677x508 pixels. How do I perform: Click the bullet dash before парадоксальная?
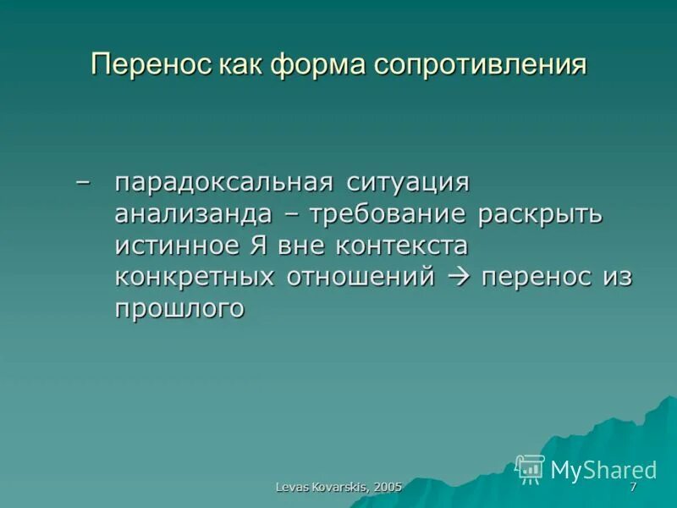point(81,183)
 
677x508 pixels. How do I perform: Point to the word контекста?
point(402,246)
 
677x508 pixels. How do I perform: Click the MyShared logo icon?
point(531,468)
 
